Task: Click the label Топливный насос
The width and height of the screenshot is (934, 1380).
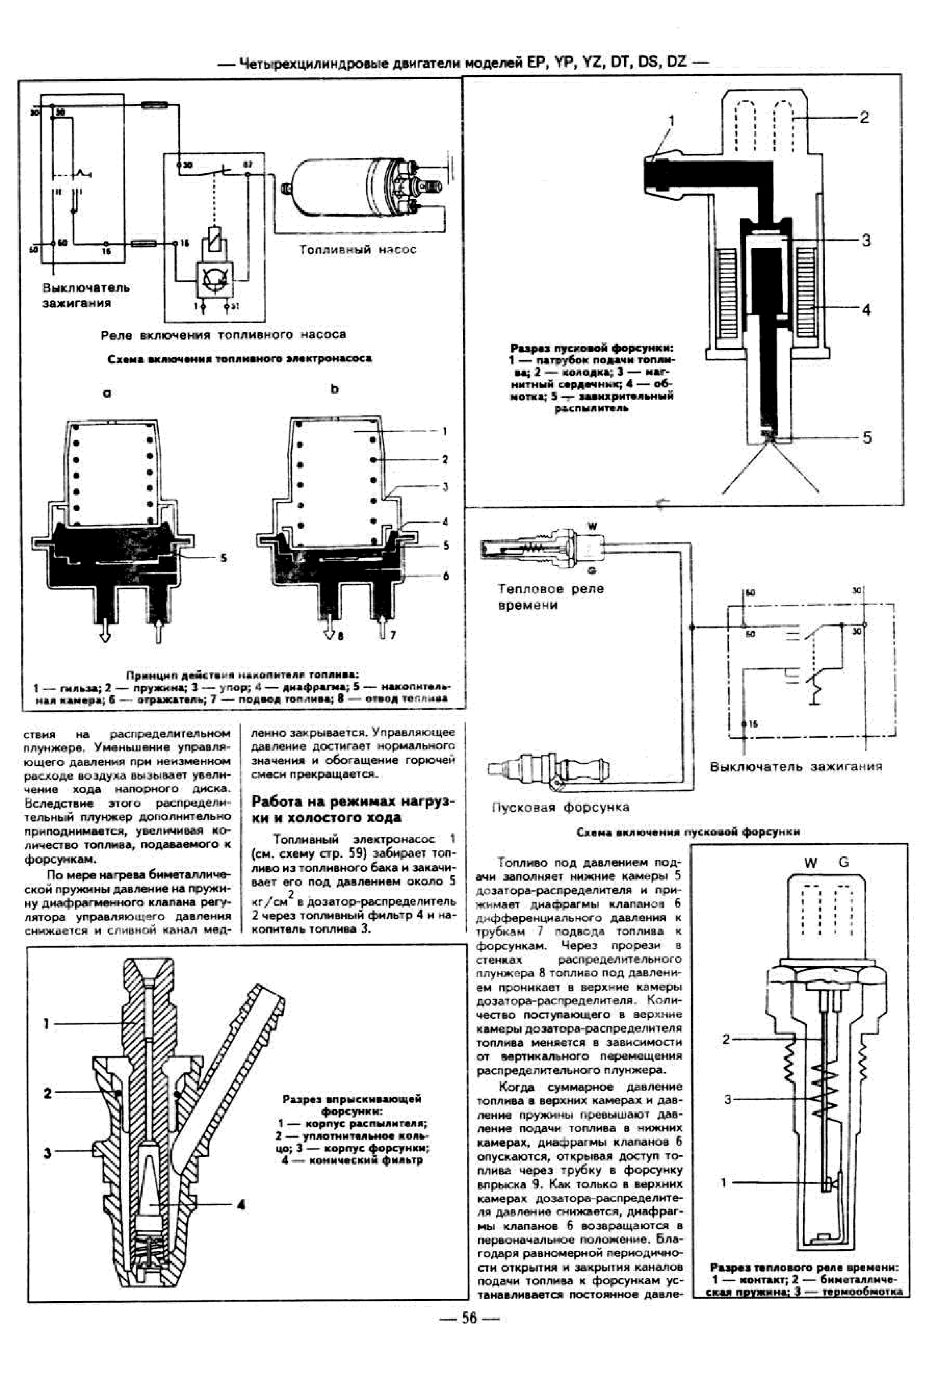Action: (357, 250)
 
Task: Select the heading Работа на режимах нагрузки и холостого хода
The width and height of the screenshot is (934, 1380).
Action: (353, 809)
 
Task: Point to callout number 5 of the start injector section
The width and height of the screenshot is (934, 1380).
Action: (867, 438)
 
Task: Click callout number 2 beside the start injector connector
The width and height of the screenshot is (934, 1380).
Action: (864, 117)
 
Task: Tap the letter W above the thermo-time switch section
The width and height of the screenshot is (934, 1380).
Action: (811, 863)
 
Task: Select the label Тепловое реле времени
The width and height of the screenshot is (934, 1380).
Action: (550, 597)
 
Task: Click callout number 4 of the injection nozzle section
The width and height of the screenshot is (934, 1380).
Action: (241, 1204)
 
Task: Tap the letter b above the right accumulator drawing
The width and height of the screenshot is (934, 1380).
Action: (335, 389)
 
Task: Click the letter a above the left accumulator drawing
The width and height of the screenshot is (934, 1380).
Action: (107, 393)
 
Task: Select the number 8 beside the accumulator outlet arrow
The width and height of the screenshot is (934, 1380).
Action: (340, 636)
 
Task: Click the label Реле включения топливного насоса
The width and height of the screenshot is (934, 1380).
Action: (223, 335)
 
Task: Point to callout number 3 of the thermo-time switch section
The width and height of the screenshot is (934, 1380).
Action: (727, 1099)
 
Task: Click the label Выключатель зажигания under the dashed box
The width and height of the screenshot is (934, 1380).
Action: (796, 766)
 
